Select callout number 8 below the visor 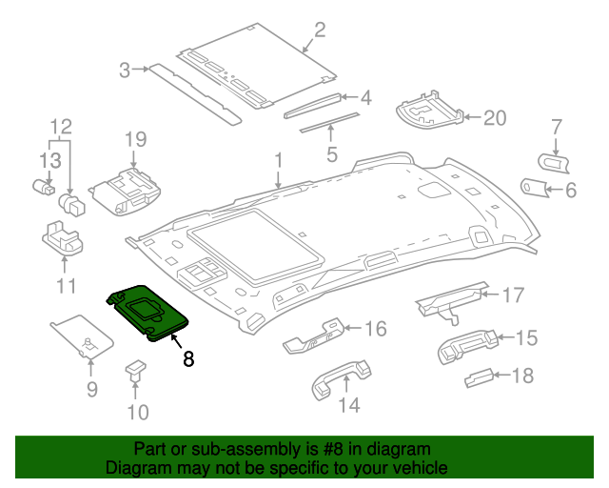tap(188, 359)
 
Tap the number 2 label tap(320, 30)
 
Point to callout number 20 tap(495, 118)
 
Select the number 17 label tap(513, 295)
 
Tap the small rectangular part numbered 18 tap(479, 378)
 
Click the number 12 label tap(60, 126)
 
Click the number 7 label tap(558, 125)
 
